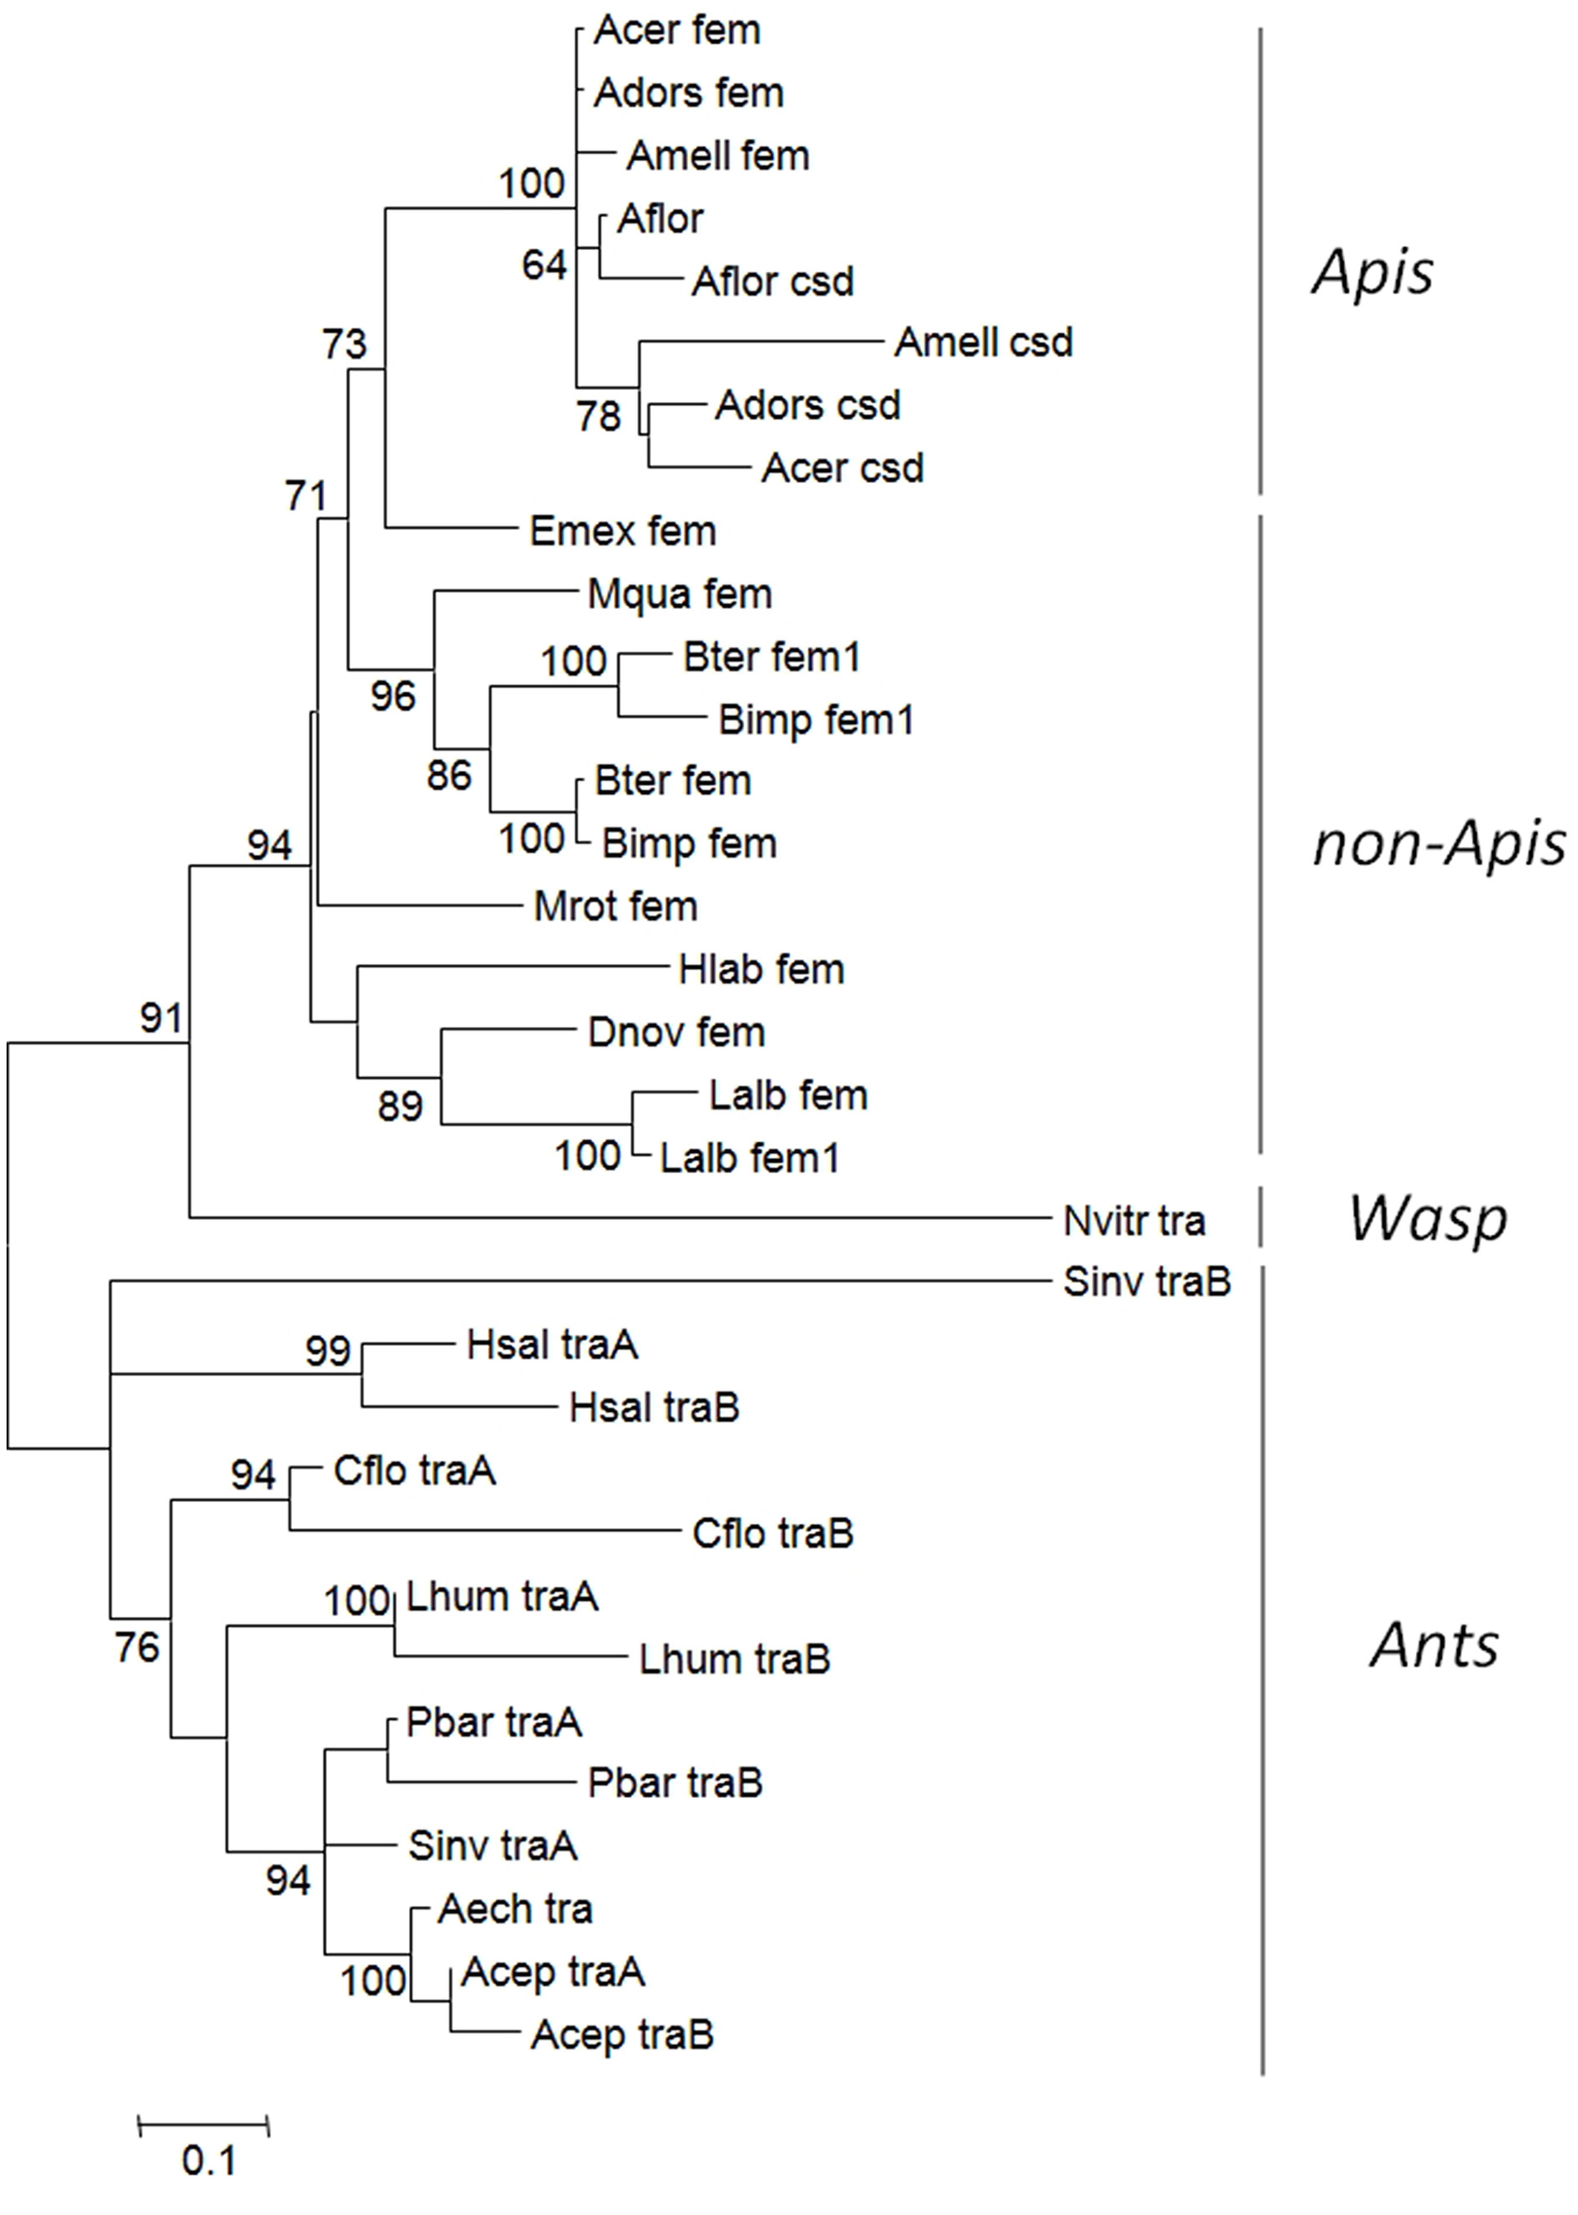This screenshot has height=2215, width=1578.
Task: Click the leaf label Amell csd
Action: [982, 342]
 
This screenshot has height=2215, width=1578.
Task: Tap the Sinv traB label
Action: [1147, 1282]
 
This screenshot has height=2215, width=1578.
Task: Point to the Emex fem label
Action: [622, 531]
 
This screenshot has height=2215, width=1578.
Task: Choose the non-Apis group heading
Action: [1438, 843]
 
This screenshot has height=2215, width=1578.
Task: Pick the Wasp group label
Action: [1427, 1218]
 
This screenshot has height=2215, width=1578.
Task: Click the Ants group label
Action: [1434, 1645]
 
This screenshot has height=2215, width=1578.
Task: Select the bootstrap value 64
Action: [543, 264]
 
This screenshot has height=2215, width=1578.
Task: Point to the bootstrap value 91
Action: [160, 1018]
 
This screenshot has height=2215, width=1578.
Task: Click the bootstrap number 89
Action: [399, 1106]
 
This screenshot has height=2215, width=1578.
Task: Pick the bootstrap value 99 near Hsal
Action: [328, 1350]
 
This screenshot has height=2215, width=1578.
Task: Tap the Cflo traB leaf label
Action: [771, 1534]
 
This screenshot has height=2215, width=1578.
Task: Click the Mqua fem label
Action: [679, 594]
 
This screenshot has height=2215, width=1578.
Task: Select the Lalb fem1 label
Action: [748, 1157]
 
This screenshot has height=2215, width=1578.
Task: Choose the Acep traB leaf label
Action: [622, 2034]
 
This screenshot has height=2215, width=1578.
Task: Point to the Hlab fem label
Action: [761, 969]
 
